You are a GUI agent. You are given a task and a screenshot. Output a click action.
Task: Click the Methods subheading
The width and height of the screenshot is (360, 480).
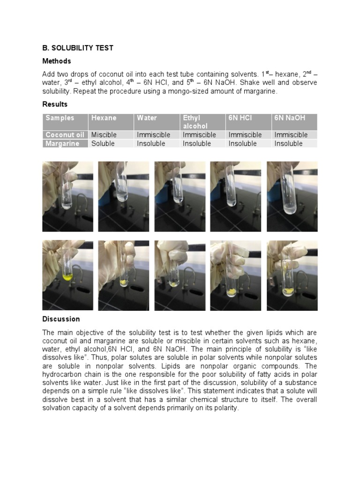pyautogui.click(x=57, y=61)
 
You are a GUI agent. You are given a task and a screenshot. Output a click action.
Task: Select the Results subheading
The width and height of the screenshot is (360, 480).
pyautogui.click(x=55, y=104)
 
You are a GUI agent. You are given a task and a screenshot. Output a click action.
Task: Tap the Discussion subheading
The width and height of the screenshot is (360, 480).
pyautogui.click(x=61, y=319)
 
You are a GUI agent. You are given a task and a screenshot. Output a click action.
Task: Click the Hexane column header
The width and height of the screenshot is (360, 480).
pyautogui.click(x=104, y=118)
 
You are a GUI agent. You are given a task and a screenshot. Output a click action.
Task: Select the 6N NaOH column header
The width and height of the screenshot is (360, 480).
pyautogui.click(x=290, y=118)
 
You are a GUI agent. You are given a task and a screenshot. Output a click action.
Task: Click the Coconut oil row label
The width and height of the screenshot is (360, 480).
pyautogui.click(x=65, y=135)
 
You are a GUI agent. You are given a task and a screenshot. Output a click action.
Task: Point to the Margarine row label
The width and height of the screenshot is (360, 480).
pyautogui.click(x=63, y=143)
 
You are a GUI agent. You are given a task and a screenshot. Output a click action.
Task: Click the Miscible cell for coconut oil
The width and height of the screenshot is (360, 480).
pyautogui.click(x=104, y=135)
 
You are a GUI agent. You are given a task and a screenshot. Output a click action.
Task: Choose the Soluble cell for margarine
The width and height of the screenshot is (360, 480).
pyautogui.click(x=103, y=143)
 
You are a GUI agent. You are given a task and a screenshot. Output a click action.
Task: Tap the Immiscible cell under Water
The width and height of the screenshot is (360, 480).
pyautogui.click(x=153, y=135)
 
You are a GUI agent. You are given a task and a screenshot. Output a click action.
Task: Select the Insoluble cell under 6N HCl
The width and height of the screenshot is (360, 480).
pyautogui.click(x=242, y=143)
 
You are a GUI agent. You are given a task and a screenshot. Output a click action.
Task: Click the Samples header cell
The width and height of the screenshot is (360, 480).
pyautogui.click(x=60, y=118)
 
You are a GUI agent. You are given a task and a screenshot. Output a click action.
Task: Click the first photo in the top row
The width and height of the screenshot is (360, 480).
pyautogui.click(x=67, y=196)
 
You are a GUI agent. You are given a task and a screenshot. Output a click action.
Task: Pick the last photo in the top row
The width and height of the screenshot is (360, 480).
pyautogui.click(x=292, y=196)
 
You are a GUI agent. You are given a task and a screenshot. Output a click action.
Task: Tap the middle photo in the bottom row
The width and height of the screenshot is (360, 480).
pyautogui.click(x=180, y=276)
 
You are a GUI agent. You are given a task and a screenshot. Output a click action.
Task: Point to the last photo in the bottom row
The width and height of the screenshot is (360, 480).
pyautogui.click(x=292, y=276)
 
